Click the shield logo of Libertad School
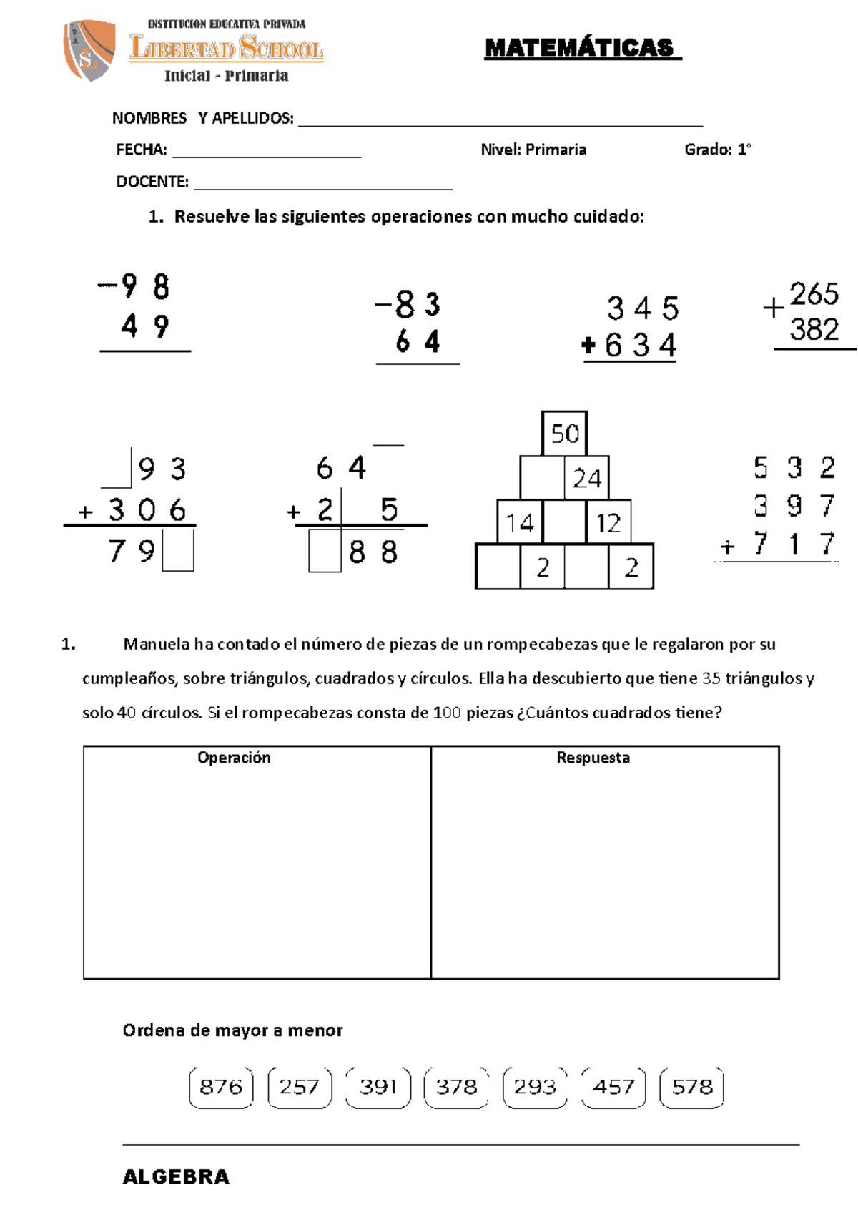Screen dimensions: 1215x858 point(89,50)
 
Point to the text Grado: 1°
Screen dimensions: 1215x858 point(717,150)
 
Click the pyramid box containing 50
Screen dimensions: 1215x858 point(565,433)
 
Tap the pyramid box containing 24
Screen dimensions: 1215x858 point(587,477)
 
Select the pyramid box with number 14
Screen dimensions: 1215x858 point(520,522)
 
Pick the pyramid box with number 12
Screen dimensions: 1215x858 point(608,522)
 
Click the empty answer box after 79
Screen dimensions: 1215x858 point(178,550)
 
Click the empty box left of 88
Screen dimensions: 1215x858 point(325,552)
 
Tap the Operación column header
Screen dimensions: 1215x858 point(234,758)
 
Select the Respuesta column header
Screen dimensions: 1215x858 point(593,758)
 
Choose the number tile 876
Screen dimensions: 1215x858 point(221,1087)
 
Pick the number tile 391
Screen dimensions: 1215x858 point(378,1087)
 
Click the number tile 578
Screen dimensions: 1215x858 point(692,1087)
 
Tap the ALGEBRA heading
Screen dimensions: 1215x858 point(176,1177)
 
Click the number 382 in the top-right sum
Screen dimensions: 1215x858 point(814,329)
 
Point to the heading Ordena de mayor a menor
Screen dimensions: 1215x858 point(232,1030)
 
